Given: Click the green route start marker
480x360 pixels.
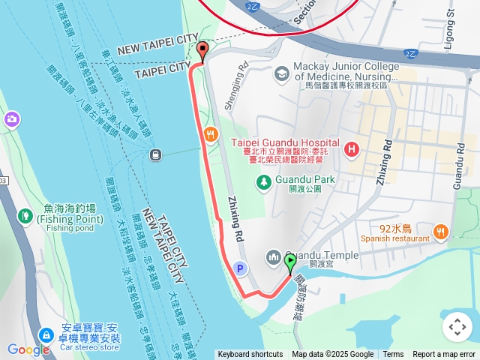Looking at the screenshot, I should (x=290, y=262).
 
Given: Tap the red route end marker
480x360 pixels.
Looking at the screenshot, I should (x=202, y=51).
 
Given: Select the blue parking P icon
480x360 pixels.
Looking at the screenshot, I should (x=240, y=268).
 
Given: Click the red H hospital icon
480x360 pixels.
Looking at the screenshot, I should (x=350, y=150).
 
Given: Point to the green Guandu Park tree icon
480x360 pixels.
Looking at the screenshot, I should (x=263, y=181).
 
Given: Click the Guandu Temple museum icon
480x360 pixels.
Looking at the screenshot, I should (x=273, y=257).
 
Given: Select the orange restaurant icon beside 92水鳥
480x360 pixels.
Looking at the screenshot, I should (x=440, y=232).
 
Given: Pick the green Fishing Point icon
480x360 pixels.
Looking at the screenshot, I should (x=25, y=217).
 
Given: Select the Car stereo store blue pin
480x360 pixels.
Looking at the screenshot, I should (x=46, y=334).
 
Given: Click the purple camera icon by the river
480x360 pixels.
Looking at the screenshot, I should (x=11, y=119).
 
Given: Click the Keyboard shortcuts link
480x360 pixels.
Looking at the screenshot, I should (x=250, y=355).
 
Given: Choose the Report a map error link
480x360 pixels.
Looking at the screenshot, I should (x=444, y=355).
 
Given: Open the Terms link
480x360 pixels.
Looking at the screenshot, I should (x=393, y=355).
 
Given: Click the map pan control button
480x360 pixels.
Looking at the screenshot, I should (x=457, y=326).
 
